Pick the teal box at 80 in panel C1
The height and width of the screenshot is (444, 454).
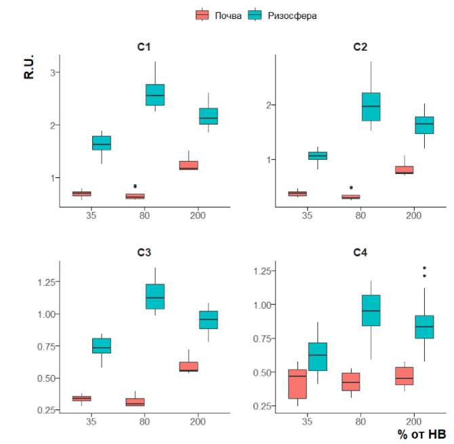coord(155,95)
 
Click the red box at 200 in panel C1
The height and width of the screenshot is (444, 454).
coord(188,165)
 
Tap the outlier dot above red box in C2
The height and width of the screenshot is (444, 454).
coord(350,187)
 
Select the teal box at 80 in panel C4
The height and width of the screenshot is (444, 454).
coord(371,310)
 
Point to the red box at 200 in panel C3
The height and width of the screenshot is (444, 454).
coord(188,367)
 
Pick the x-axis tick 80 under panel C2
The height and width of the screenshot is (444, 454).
coord(360,216)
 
